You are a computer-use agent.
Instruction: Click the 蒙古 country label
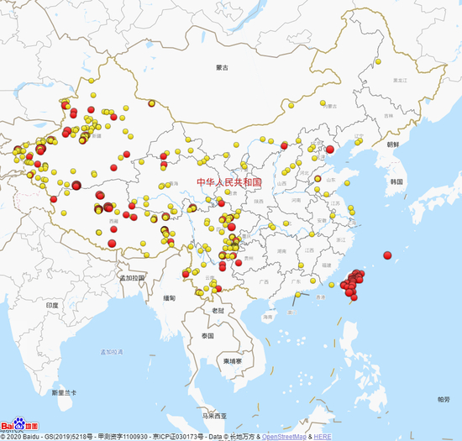coord(222,67)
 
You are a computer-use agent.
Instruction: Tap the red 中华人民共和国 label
coord(229,181)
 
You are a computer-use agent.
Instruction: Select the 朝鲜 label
coord(392,144)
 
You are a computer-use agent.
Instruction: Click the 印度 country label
coord(52,306)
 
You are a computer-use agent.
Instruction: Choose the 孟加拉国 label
coord(132,277)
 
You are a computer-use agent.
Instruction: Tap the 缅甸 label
coord(171,298)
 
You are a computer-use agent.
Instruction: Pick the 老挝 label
coord(218,309)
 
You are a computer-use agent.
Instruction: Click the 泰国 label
coord(208,335)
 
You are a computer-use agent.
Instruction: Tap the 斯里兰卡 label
coord(65,393)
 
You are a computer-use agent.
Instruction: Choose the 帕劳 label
coord(443,399)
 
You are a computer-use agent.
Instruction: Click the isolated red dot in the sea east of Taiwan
coord(388,255)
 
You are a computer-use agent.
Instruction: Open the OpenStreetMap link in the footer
coord(285,437)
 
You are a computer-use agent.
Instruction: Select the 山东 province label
coord(330,180)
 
